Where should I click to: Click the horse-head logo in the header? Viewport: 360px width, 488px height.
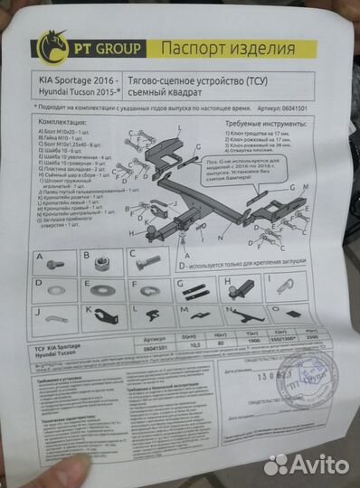52,42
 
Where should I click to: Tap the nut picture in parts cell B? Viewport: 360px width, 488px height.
96,265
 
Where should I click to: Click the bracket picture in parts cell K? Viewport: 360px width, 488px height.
99,317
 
